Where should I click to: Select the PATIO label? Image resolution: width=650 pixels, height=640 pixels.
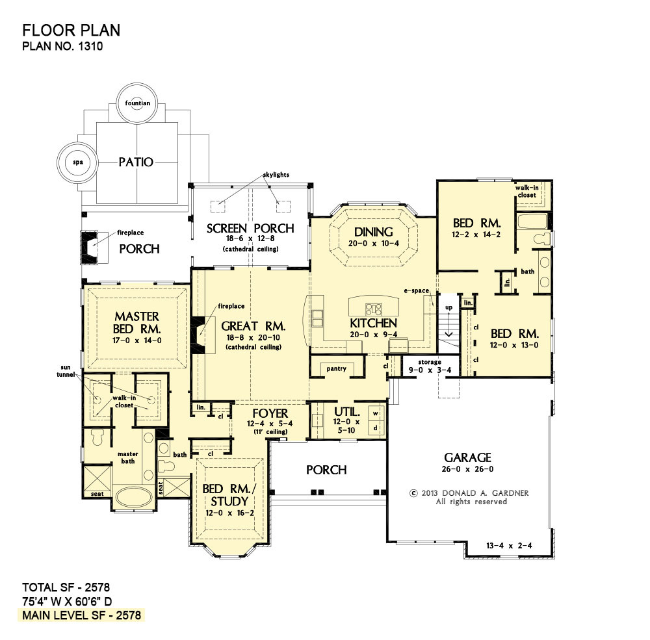pyautogui.click(x=136, y=162)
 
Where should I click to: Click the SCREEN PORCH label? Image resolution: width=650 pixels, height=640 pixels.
pyautogui.click(x=250, y=229)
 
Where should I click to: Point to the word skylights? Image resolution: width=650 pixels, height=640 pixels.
pyautogui.click(x=276, y=175)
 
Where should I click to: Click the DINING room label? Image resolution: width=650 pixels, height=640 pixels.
pyautogui.click(x=374, y=232)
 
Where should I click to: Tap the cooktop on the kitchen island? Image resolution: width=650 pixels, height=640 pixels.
pyautogui.click(x=374, y=309)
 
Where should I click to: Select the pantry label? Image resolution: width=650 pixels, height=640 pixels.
pyautogui.click(x=336, y=368)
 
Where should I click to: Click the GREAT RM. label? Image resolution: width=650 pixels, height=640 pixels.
pyautogui.click(x=253, y=326)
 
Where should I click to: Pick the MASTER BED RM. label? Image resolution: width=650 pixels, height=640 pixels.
pyautogui.click(x=136, y=323)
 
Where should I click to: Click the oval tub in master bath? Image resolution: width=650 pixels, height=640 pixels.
pyautogui.click(x=133, y=496)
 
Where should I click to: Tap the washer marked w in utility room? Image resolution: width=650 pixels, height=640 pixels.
pyautogui.click(x=376, y=413)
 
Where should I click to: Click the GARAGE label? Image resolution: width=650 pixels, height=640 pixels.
pyautogui.click(x=467, y=457)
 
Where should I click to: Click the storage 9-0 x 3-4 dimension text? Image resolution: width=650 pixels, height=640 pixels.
pyautogui.click(x=430, y=370)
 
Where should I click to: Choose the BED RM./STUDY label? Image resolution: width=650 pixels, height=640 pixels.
pyautogui.click(x=229, y=495)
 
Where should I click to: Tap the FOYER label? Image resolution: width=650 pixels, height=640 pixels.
pyautogui.click(x=270, y=413)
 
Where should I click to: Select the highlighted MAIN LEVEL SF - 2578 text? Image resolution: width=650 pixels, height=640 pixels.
pyautogui.click(x=82, y=615)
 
